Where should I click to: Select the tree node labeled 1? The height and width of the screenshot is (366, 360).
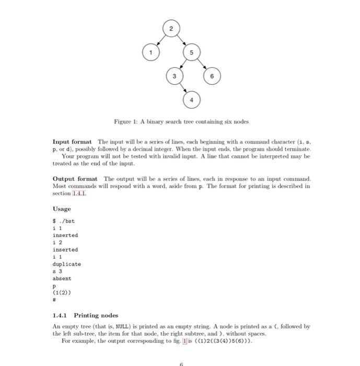(x=151, y=53)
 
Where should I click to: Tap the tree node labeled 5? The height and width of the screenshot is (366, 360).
(x=191, y=53)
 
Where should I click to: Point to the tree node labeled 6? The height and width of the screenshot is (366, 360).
(x=212, y=76)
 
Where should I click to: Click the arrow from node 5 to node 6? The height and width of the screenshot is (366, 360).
(x=202, y=64)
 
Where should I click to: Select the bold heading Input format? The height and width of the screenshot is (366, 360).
(x=72, y=142)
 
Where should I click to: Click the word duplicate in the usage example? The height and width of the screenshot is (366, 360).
(x=67, y=264)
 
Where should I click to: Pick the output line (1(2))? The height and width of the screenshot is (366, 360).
(x=64, y=293)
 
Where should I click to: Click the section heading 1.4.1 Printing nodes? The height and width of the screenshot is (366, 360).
(x=86, y=315)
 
